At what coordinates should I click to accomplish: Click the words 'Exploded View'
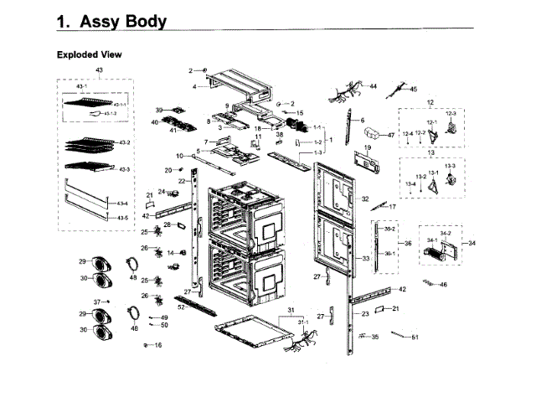(x=89, y=54)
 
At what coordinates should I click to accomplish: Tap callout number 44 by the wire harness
(x=373, y=86)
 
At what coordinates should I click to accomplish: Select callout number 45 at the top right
(x=412, y=89)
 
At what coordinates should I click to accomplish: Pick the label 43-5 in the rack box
(x=122, y=218)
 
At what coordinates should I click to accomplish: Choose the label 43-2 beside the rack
(x=124, y=142)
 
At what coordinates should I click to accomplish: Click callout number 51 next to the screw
(x=415, y=338)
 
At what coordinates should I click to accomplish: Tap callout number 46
(x=443, y=285)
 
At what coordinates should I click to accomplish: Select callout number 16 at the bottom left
(x=157, y=345)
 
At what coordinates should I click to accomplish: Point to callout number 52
(x=181, y=307)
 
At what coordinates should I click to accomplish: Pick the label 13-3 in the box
(x=450, y=166)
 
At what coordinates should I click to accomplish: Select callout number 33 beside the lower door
(x=365, y=260)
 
